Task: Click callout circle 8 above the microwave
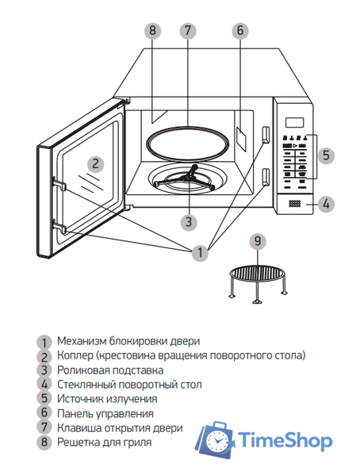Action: point(154,31)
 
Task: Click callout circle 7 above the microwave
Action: point(187,31)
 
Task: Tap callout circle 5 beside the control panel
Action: point(326,155)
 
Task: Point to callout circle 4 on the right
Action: point(326,204)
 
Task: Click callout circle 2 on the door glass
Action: point(94,164)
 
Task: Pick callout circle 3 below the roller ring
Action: point(187,221)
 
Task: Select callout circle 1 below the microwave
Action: point(200,253)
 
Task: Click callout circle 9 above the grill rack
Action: point(255,240)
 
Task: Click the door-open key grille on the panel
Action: point(294,204)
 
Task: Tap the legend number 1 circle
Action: point(45,341)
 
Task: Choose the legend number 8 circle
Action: point(45,442)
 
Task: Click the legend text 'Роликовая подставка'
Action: point(110,370)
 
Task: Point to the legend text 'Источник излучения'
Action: point(108,398)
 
